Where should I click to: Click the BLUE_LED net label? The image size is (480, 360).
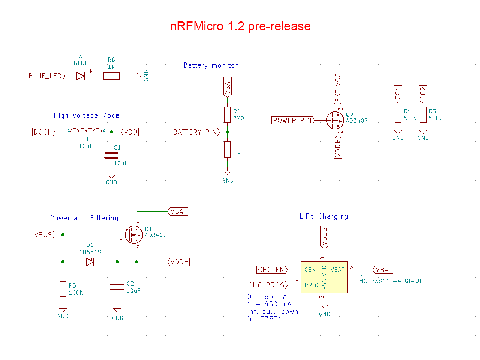point(46,76)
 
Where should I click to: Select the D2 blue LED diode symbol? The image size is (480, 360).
point(80,76)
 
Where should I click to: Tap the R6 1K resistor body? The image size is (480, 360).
point(111,76)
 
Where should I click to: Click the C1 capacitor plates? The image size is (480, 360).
point(111,155)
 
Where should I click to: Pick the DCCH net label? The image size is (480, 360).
point(43,132)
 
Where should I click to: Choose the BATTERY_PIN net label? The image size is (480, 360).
point(195,132)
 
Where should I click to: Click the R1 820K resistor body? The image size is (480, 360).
point(227,114)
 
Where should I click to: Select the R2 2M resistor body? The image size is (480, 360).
point(227,150)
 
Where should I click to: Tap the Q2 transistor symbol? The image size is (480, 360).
point(334,120)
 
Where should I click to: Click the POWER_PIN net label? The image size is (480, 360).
point(292,120)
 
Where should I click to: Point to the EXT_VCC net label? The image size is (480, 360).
point(337,87)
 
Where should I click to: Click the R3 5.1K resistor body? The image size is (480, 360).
point(423,114)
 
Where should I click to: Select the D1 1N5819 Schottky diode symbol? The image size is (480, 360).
point(90,261)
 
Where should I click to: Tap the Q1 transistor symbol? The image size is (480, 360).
point(133,234)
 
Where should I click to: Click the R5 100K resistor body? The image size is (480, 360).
point(63,288)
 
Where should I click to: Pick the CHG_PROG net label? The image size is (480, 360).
point(267,285)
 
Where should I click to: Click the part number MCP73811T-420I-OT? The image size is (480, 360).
point(390,280)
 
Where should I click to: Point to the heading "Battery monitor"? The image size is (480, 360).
point(210,65)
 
